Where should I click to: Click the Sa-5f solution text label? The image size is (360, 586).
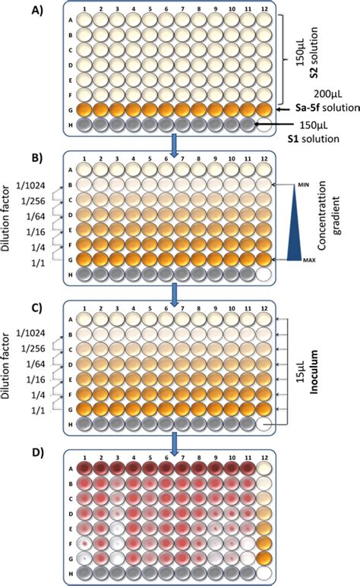point(318,110)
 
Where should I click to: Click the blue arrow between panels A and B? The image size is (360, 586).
point(174,147)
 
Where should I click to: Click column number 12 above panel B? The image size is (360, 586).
point(264,158)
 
